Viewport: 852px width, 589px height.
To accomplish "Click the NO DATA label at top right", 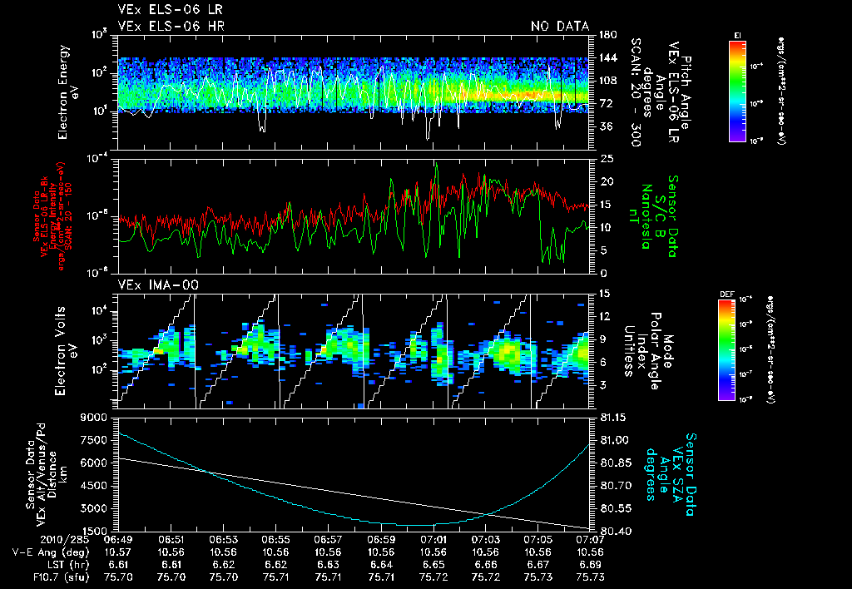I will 560,27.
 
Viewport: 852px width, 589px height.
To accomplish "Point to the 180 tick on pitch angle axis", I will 607,34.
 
